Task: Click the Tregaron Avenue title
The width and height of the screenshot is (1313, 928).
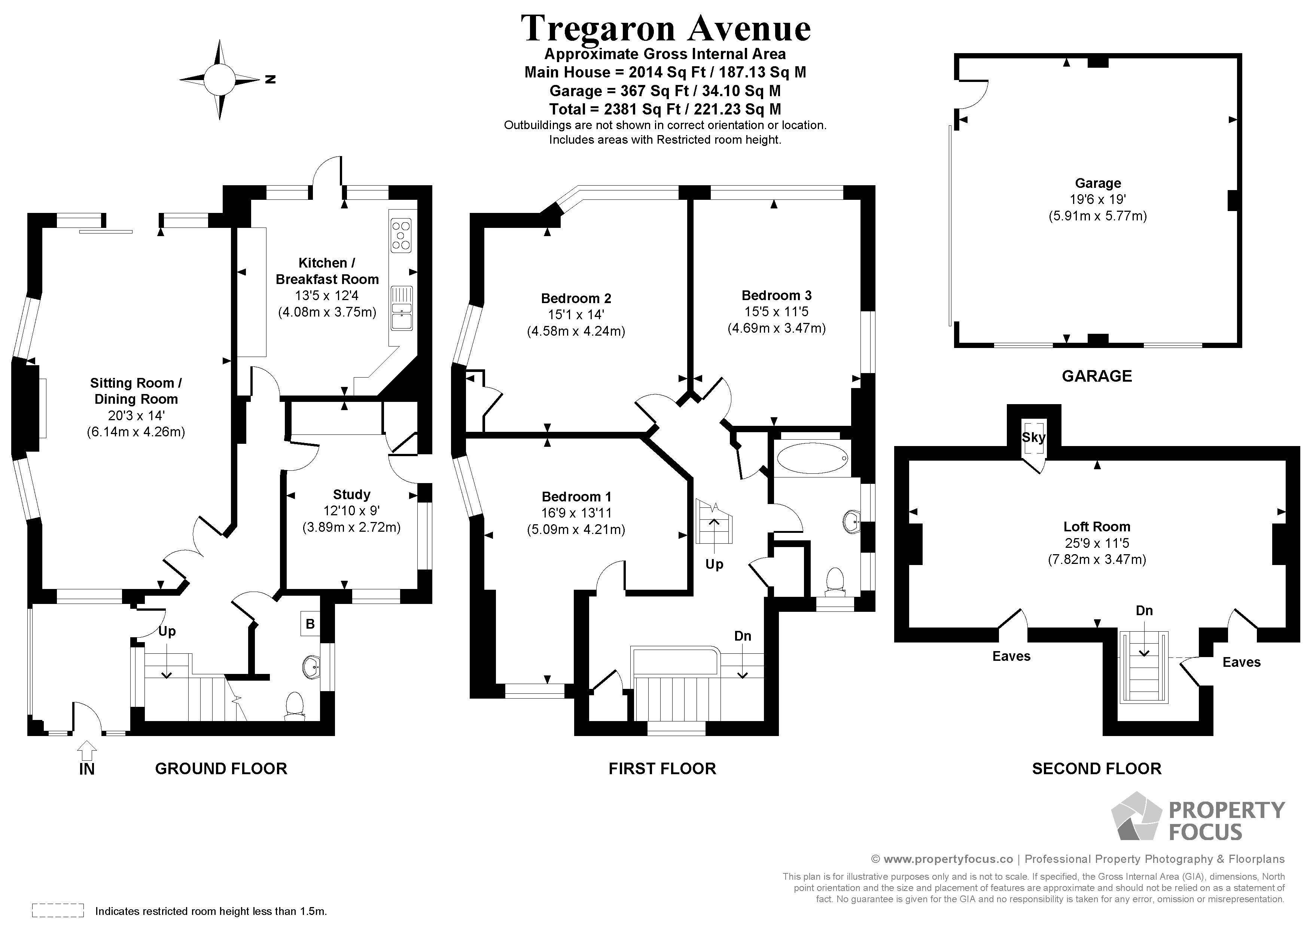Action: point(665,28)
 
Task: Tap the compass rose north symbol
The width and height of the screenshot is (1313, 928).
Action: point(220,79)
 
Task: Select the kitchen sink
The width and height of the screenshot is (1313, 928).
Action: point(402,308)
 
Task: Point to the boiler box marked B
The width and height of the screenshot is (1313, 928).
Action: point(310,624)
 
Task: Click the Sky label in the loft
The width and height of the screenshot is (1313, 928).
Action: point(1033,437)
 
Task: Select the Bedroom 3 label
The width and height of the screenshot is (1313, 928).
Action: point(776,296)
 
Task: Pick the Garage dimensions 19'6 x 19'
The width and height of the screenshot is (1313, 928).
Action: point(1097,199)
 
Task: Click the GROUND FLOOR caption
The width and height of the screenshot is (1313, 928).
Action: point(221,769)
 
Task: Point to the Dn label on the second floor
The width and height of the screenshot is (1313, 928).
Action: point(1144,611)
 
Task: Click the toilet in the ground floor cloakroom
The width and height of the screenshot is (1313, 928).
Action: point(295,705)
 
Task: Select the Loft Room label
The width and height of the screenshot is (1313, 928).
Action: point(1096,526)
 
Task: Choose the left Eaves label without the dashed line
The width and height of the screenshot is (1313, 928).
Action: point(1011,656)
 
